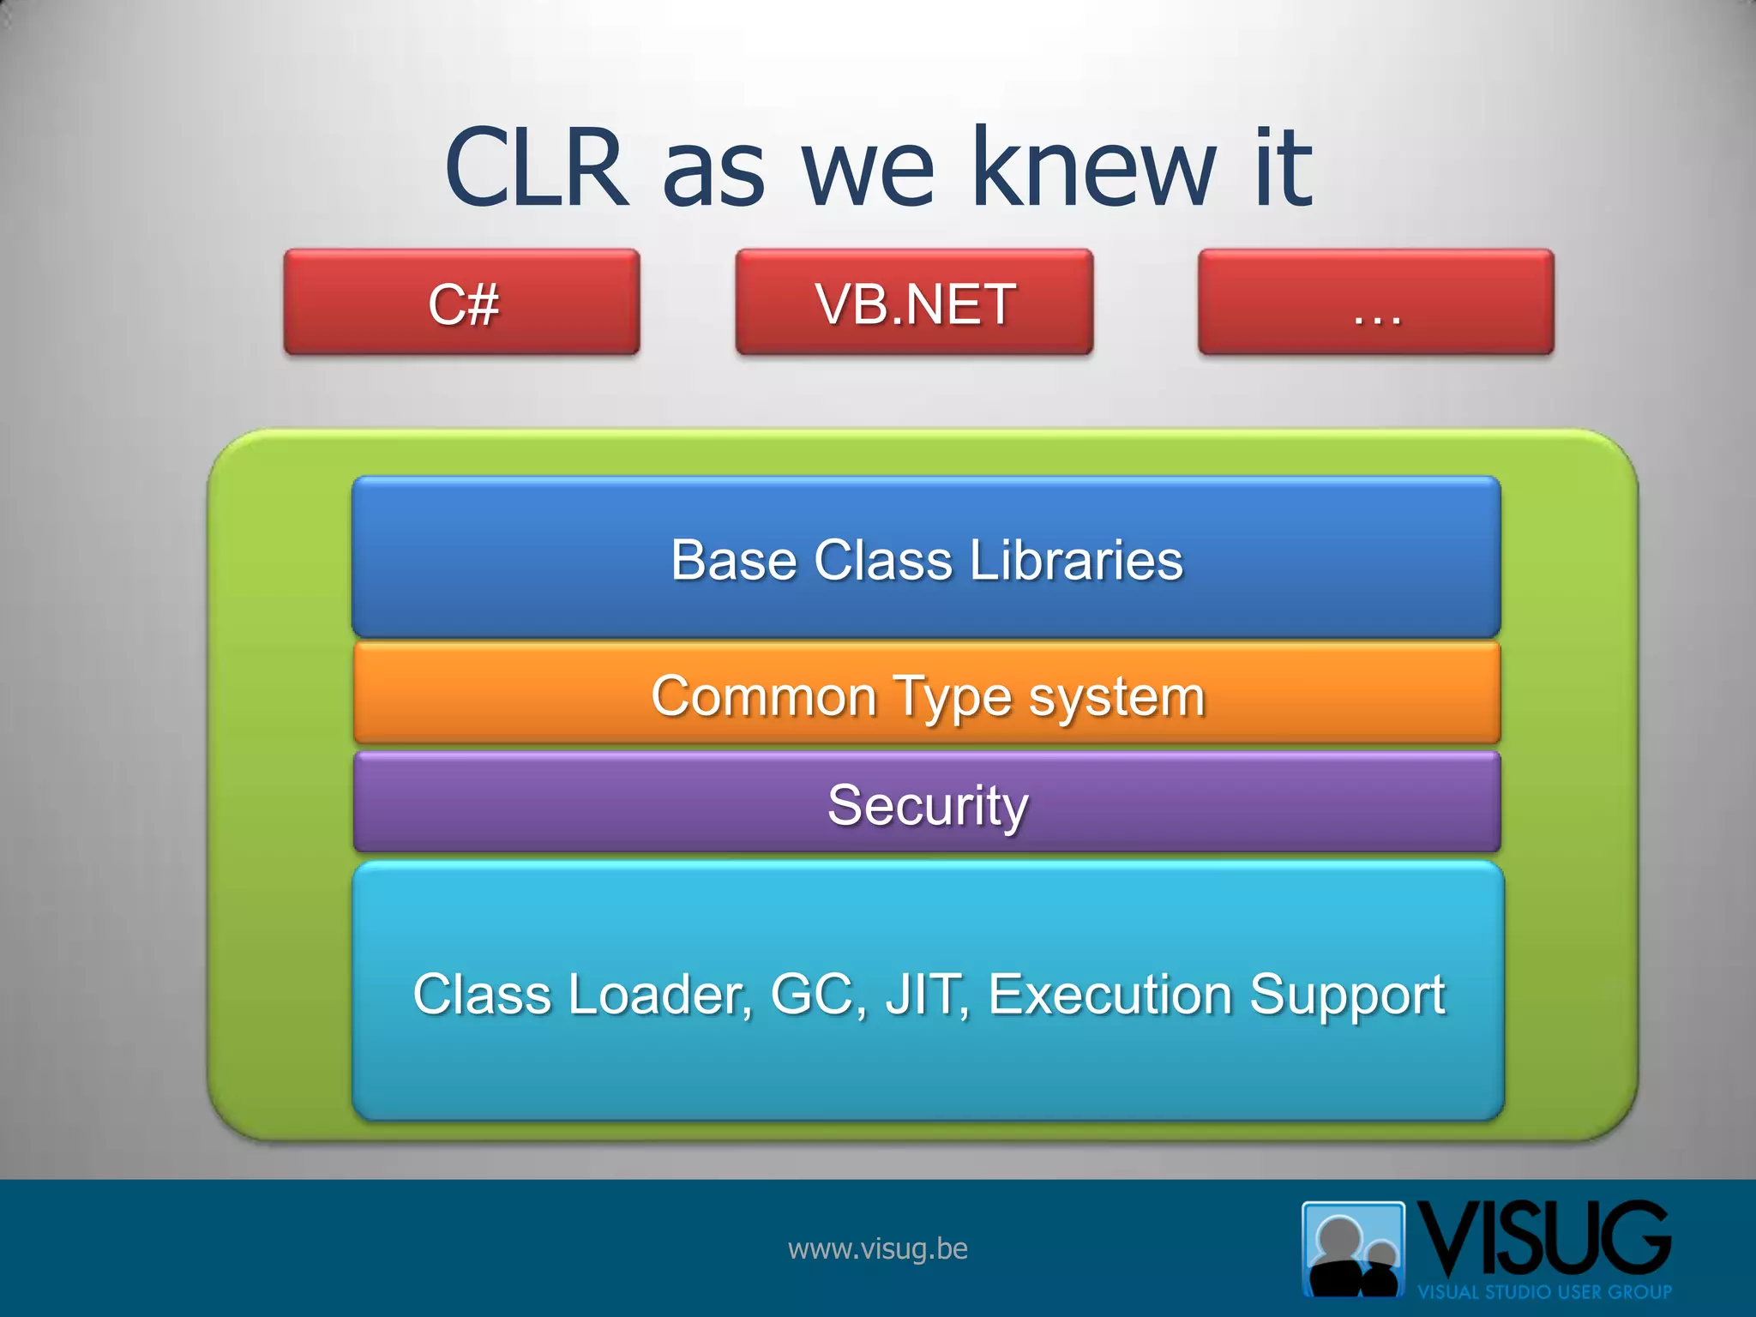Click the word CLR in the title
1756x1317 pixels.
tap(537, 168)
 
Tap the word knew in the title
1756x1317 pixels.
tap(1093, 168)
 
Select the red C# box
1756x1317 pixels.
tap(462, 303)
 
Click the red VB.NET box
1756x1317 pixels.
tap(914, 303)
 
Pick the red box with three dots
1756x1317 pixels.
tap(1375, 303)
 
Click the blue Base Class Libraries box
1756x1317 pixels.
tap(926, 557)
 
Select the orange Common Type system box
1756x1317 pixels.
tap(926, 695)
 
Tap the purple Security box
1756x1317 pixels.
tap(926, 804)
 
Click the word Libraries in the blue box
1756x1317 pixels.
tap(1076, 561)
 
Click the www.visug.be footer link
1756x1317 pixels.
tap(877, 1249)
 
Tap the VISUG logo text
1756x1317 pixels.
tap(1543, 1239)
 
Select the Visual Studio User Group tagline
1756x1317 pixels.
tap(1543, 1291)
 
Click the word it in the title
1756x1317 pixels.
tap(1284, 168)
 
